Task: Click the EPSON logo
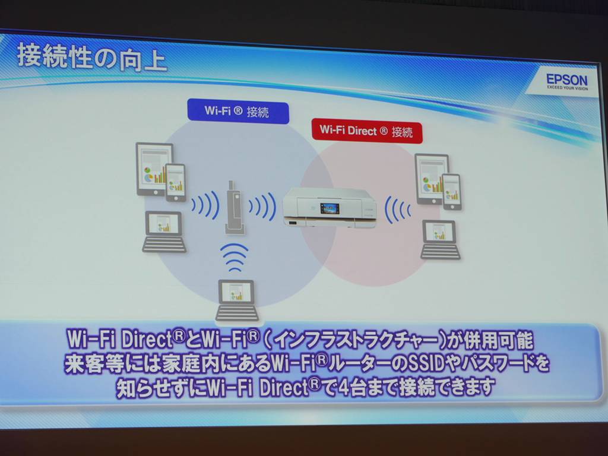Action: pos(566,80)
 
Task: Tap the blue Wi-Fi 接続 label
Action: pos(238,111)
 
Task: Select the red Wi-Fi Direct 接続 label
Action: pos(367,131)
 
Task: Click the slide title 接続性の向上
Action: pos(92,58)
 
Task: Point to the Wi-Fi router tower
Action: pos(235,207)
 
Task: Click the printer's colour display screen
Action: pos(330,208)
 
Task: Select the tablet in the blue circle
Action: pos(154,169)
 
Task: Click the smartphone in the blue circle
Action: pos(176,183)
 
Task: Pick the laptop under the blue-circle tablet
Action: pos(164,232)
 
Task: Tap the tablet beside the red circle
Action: pos(432,179)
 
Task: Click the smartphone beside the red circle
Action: pos(452,192)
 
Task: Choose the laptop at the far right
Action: pos(440,240)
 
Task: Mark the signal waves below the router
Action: pos(234,256)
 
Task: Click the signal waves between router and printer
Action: pos(263,206)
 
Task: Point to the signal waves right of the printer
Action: pos(397,210)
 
